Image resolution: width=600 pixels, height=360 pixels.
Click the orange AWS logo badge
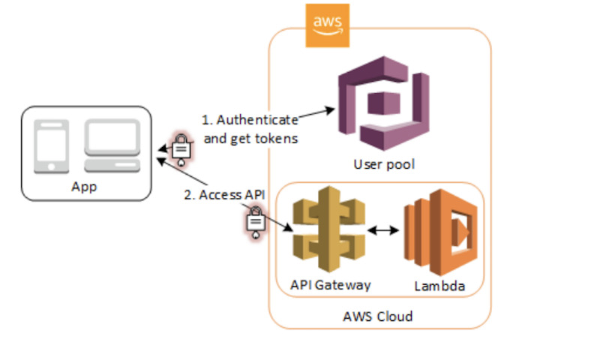(328, 25)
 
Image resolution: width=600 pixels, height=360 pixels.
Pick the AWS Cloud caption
(382, 316)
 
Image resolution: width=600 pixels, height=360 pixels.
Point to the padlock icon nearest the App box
(181, 148)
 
